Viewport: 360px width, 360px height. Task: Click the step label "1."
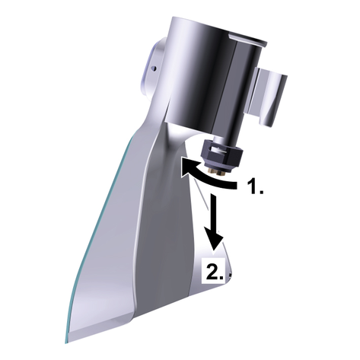tap(255, 186)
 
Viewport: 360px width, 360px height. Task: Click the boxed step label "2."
tap(214, 270)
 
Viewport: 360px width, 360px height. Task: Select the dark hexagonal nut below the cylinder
tap(222, 156)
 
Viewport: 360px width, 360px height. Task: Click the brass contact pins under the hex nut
tap(217, 172)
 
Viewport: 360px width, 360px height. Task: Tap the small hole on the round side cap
tap(153, 68)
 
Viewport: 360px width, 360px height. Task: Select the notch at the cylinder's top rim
tap(244, 38)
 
